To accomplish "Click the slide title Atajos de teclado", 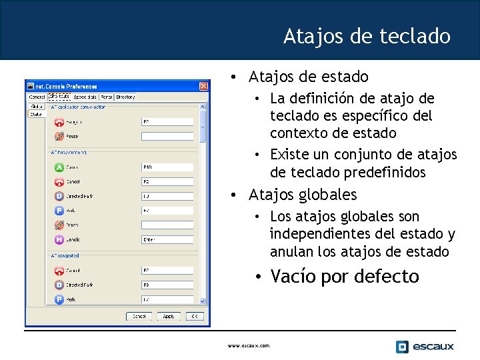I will coord(367,36).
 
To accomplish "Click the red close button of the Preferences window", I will coord(203,86).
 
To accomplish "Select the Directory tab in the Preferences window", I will coord(125,97).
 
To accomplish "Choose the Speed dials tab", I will coord(85,97).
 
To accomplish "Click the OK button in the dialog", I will coord(195,316).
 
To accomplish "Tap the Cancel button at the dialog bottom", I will coord(139,316).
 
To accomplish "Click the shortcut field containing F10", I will coord(167,167).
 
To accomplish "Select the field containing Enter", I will coord(167,239).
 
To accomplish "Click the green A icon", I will coord(59,167).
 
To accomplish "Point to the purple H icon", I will coord(59,239).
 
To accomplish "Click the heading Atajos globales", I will coord(303,195).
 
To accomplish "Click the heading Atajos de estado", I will coord(308,77).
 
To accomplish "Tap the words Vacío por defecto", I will coord(344,276).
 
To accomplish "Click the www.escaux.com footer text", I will coord(249,345).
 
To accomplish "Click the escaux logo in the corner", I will coord(425,346).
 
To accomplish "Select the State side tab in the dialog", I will coord(35,114).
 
